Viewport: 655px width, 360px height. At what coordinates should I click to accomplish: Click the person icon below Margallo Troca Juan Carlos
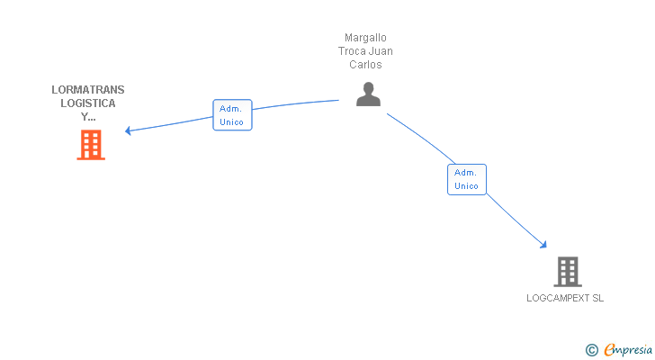click(368, 94)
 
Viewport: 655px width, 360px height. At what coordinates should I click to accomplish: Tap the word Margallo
click(365, 38)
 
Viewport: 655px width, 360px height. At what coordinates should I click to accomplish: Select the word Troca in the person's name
click(353, 51)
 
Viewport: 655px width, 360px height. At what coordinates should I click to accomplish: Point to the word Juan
click(381, 51)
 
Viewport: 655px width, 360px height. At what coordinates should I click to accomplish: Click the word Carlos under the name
click(365, 65)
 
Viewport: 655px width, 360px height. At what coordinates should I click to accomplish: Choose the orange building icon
click(91, 144)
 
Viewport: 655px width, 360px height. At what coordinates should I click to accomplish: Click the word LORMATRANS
click(88, 90)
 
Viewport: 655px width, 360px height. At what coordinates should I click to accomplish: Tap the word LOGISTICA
click(88, 103)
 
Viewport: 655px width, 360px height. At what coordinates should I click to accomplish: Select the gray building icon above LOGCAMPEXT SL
click(567, 271)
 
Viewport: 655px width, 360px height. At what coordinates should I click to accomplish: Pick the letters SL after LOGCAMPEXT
click(597, 298)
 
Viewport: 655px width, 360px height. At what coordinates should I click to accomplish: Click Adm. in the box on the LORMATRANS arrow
click(231, 108)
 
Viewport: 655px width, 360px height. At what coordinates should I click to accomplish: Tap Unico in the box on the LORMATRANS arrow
click(231, 121)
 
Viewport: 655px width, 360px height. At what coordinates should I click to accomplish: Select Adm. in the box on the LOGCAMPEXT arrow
click(466, 173)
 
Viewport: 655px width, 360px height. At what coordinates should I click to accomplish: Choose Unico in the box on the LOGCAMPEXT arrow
click(466, 186)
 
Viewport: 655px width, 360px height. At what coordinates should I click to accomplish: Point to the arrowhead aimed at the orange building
click(128, 130)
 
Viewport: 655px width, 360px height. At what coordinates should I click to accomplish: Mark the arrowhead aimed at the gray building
click(543, 244)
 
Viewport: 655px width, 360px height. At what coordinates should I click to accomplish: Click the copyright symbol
click(592, 349)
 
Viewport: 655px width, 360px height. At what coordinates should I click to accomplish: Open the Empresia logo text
click(628, 348)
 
